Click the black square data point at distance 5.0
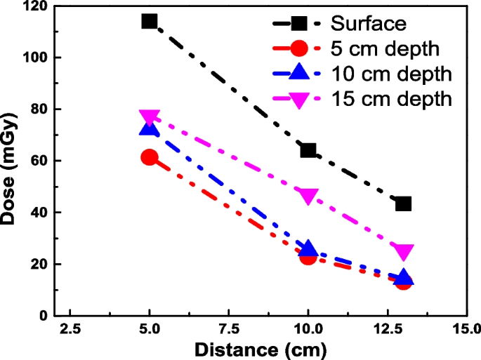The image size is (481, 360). click(x=149, y=22)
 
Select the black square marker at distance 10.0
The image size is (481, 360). click(x=308, y=150)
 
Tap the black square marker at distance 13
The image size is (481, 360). click(x=403, y=204)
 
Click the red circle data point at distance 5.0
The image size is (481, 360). click(x=149, y=157)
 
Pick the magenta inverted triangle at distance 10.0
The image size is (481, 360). click(x=308, y=196)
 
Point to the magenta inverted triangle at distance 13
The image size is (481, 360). click(x=403, y=252)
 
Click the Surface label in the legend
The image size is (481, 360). click(x=369, y=23)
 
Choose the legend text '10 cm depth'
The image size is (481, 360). click(x=391, y=74)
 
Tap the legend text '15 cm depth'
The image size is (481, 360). click(x=391, y=100)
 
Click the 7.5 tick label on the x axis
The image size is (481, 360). click(x=228, y=329)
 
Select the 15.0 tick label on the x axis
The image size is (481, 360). click(x=463, y=329)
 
